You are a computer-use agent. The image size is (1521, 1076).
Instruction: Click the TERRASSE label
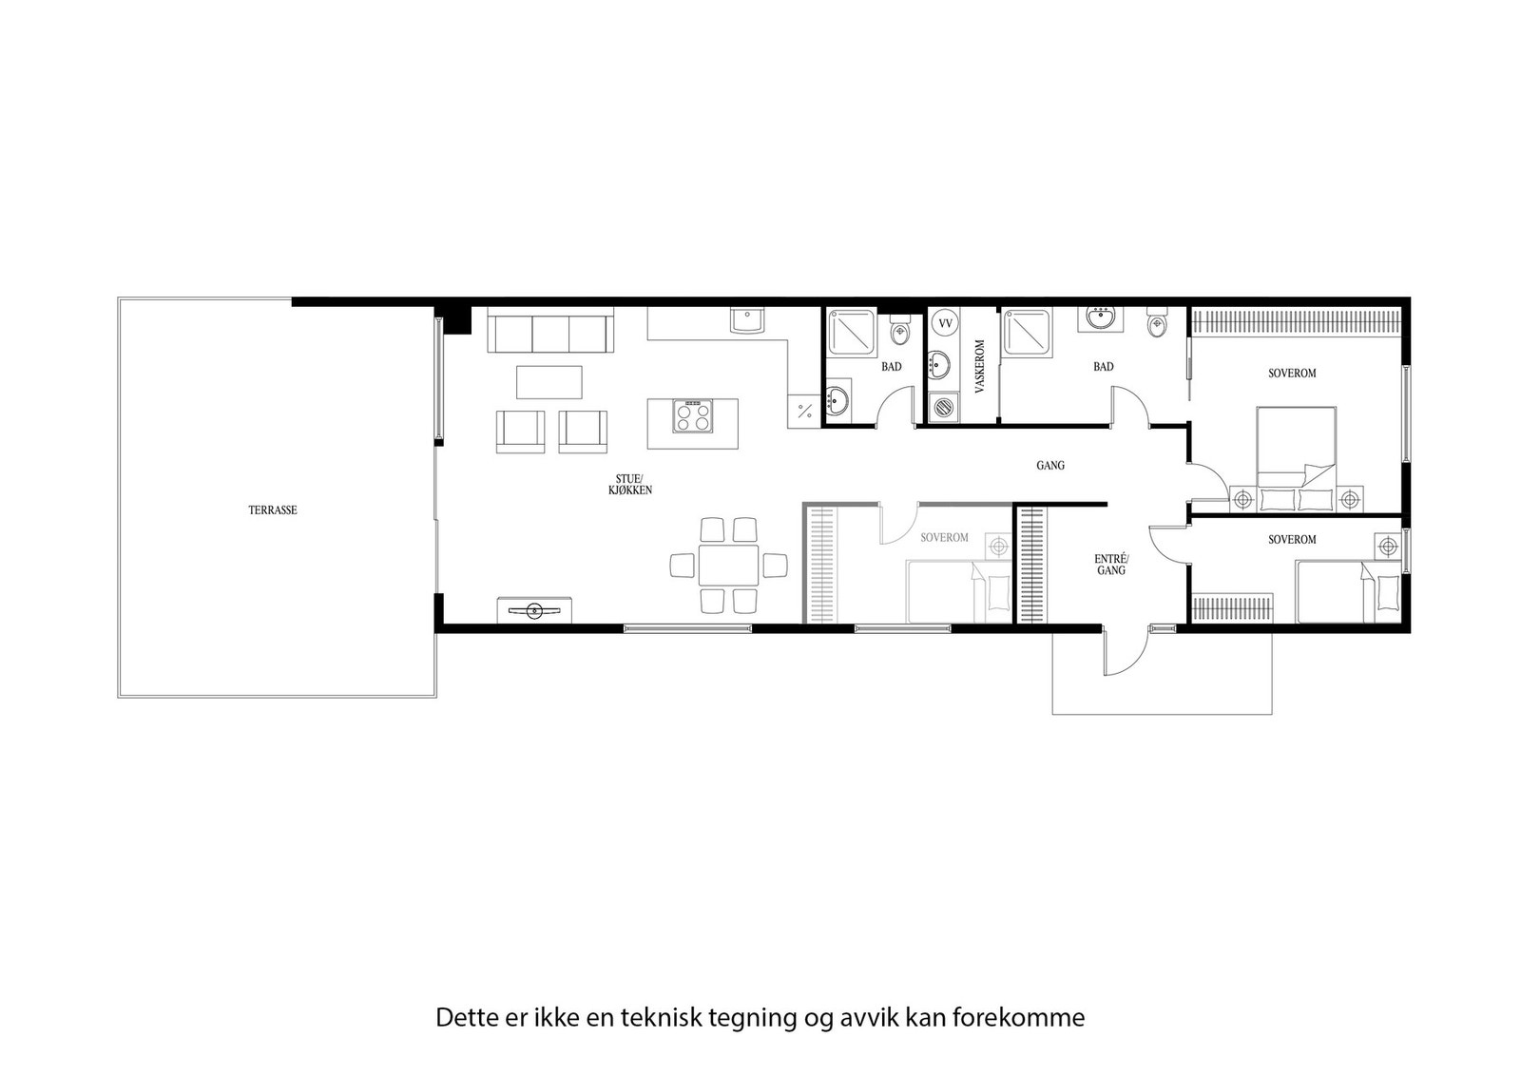point(273,510)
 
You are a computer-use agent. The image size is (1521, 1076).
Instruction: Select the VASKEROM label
point(979,366)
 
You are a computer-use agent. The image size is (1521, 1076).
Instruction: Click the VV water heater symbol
point(945,323)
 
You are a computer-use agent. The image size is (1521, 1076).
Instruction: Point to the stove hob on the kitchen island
point(693,416)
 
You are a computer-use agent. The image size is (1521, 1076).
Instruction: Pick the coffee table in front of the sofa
point(549,382)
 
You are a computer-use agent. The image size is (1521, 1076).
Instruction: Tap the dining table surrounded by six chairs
point(728,565)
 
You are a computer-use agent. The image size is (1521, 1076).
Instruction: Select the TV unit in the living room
point(534,609)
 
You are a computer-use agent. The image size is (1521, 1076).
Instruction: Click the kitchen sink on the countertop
point(747,320)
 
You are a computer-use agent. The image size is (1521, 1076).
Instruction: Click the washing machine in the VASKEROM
point(943,407)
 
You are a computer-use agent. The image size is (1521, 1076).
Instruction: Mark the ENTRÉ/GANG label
point(1111,565)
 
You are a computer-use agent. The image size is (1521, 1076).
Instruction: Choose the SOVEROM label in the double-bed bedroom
point(1292,374)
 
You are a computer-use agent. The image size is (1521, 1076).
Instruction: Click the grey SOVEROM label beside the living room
point(944,538)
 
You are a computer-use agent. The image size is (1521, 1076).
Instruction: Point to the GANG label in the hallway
point(1050,466)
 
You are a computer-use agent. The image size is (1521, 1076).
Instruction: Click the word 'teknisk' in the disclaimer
point(652,1018)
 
